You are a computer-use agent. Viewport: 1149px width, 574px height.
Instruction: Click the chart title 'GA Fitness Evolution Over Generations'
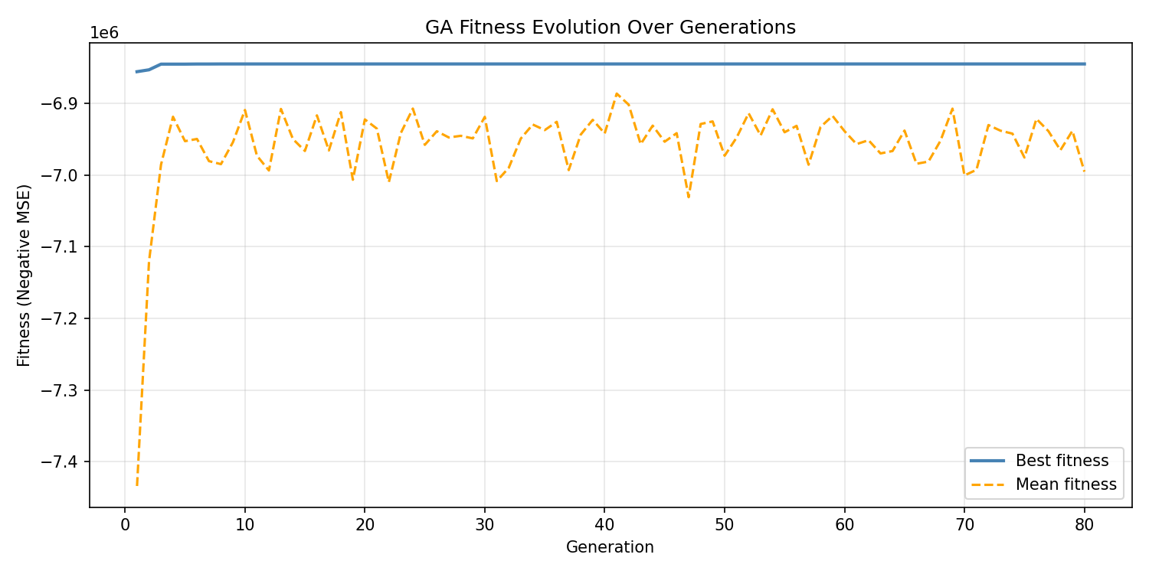tap(611, 28)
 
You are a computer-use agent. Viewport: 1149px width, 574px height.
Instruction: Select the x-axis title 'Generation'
tap(610, 547)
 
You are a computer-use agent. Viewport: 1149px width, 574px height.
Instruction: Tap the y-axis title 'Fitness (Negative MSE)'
tap(25, 275)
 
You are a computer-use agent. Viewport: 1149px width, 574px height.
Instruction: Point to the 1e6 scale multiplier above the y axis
tap(104, 33)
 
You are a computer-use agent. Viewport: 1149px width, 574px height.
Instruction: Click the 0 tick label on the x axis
tap(125, 524)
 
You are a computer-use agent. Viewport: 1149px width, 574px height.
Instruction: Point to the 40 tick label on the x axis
tap(604, 524)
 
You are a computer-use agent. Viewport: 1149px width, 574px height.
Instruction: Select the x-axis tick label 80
tap(1085, 524)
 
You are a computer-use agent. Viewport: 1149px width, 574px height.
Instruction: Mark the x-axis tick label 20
tap(365, 524)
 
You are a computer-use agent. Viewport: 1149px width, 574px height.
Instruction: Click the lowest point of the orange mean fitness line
tap(137, 485)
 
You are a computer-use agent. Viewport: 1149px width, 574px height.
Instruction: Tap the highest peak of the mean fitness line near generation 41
tap(617, 93)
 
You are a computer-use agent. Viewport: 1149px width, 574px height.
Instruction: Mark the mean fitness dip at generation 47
tap(689, 197)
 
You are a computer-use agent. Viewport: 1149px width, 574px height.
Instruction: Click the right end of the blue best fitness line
tap(1085, 64)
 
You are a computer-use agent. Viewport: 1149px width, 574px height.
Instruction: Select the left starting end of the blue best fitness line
tap(137, 72)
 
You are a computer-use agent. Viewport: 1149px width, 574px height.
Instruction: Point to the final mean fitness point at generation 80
tap(1085, 171)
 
